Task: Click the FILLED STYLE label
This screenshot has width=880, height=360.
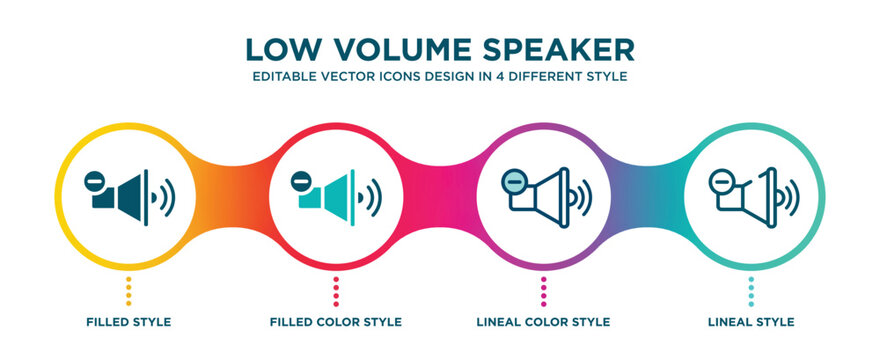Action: coord(128,322)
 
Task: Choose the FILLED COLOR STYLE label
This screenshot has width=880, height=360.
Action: coord(336,322)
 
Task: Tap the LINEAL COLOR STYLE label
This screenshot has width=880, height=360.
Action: coord(544,322)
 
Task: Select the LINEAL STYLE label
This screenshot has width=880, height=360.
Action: coord(751,322)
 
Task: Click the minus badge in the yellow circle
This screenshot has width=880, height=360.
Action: coord(93,181)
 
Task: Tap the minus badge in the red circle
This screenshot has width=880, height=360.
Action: coord(300,181)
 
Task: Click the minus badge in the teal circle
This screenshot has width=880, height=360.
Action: coord(720,181)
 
